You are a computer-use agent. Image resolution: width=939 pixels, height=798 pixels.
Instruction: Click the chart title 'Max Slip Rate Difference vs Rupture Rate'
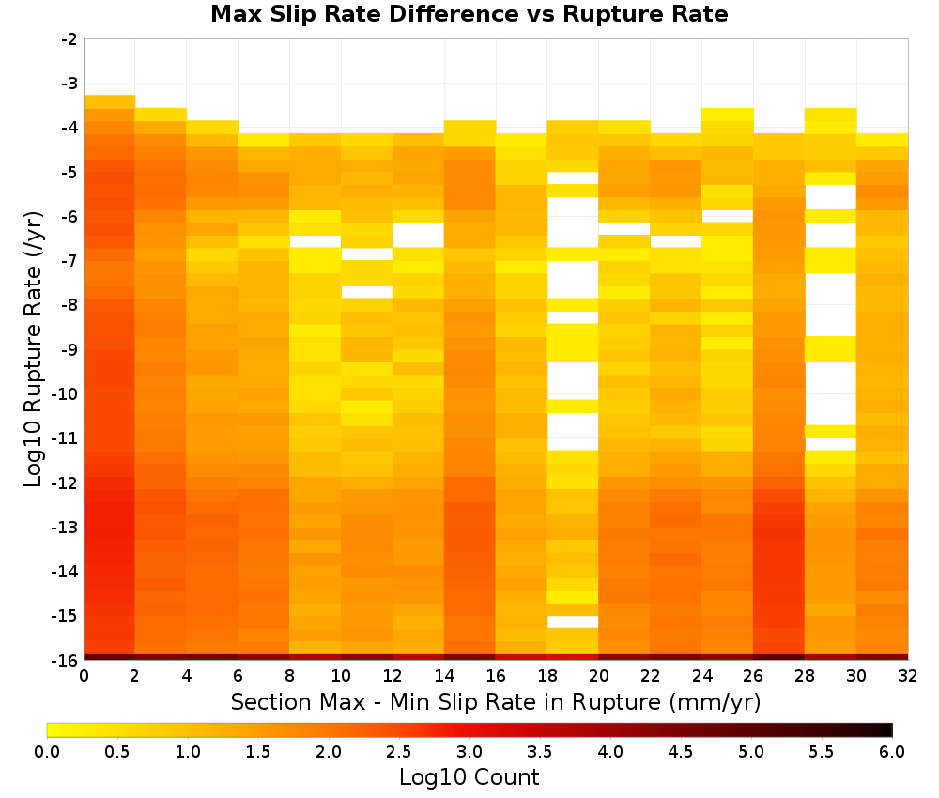469,14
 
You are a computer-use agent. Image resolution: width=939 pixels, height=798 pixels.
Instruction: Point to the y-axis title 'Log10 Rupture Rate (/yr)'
34,349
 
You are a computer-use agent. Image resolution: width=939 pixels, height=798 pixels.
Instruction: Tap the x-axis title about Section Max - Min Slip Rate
495,701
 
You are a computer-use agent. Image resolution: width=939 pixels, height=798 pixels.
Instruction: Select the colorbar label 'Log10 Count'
469,777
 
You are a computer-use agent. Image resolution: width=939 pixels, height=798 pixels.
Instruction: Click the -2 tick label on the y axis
69,39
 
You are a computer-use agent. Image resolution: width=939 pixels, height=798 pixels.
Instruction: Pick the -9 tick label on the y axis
69,349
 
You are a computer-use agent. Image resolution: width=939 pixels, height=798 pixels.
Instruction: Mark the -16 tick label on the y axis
66,660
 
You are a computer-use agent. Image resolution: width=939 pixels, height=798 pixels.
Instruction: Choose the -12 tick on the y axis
66,483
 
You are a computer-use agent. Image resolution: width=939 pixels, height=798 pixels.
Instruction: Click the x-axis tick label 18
546,676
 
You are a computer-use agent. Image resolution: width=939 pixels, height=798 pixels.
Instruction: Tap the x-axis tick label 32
907,676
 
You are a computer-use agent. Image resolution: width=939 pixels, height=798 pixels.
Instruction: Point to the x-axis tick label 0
84,676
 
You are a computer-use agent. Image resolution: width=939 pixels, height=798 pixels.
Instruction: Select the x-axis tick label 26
753,676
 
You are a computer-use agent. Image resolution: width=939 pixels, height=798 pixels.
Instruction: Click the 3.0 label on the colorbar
469,751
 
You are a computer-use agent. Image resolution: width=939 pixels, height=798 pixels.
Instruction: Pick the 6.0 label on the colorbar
892,751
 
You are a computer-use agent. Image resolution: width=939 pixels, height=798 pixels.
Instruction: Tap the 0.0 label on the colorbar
47,751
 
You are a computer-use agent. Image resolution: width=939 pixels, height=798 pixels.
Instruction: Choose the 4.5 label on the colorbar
680,751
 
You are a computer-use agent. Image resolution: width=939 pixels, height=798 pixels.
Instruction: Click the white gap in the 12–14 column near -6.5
418,235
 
